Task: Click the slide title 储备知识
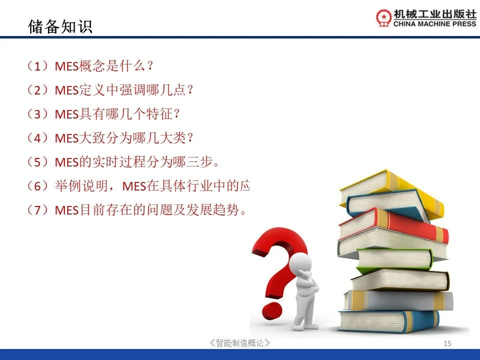60,26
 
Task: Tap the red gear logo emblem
384,18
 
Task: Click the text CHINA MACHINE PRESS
434,24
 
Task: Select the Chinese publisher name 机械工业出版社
435,14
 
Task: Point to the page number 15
447,343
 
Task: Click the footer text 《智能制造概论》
239,343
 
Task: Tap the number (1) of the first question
37,66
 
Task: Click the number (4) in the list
37,138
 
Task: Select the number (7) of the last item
37,210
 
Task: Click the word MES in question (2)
66,90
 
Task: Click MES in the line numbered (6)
134,186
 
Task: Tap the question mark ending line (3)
176,114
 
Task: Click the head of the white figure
300,262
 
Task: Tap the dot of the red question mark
272,310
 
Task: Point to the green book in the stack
394,259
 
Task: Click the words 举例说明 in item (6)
81,186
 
